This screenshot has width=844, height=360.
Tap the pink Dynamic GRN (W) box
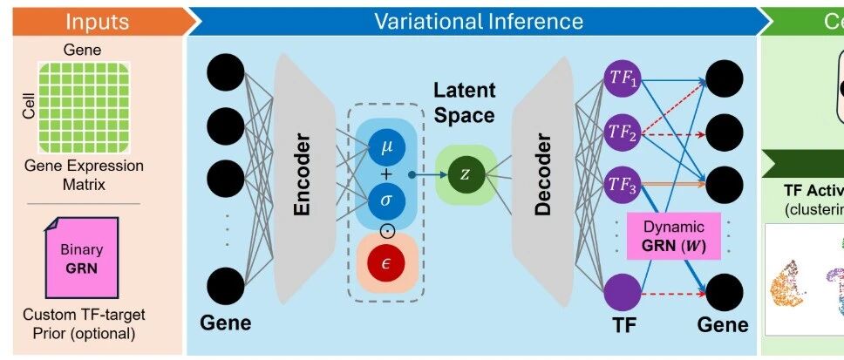(672, 235)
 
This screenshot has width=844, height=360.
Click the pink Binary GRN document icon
(82, 259)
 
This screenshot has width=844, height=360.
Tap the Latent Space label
(464, 103)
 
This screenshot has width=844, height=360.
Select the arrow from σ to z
(423, 173)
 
